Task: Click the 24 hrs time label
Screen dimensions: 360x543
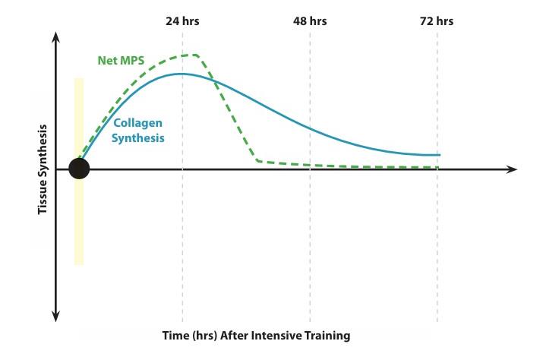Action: pyautogui.click(x=182, y=21)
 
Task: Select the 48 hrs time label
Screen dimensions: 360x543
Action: pyautogui.click(x=310, y=21)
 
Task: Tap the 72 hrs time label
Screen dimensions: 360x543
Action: pyautogui.click(x=437, y=21)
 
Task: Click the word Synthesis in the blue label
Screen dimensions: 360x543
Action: pyautogui.click(x=140, y=138)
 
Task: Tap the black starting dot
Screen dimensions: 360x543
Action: pyautogui.click(x=79, y=169)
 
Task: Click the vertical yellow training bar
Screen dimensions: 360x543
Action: pyautogui.click(x=78, y=228)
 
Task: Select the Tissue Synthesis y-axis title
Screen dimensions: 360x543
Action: pyautogui.click(x=44, y=169)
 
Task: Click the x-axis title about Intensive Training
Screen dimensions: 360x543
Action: pyautogui.click(x=256, y=335)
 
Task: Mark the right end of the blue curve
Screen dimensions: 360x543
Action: pyautogui.click(x=439, y=155)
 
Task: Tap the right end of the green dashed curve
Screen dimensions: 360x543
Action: pyautogui.click(x=438, y=167)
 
